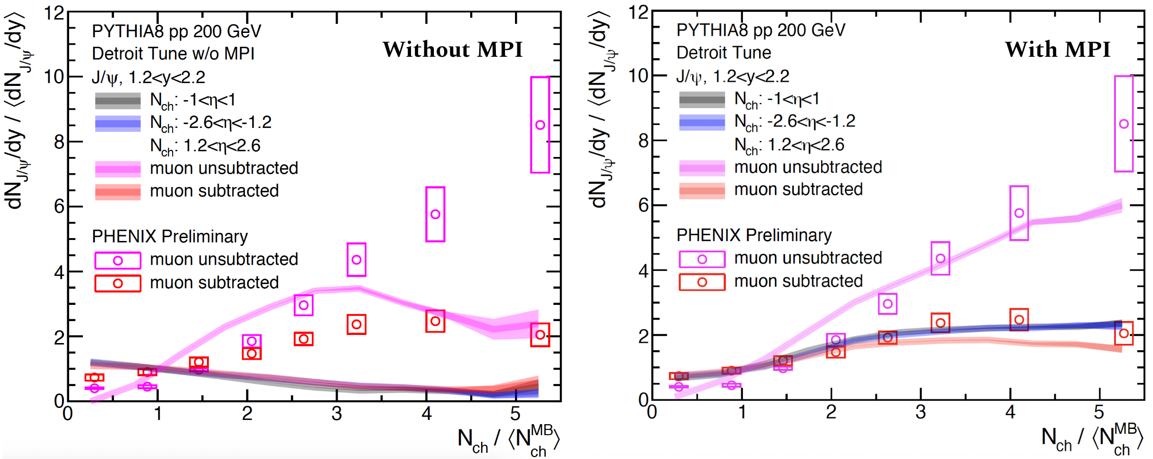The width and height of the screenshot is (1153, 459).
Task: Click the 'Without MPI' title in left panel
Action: (x=453, y=50)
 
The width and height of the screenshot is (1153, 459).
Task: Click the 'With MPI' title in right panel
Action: (x=1058, y=50)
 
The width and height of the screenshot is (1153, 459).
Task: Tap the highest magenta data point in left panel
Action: (x=540, y=125)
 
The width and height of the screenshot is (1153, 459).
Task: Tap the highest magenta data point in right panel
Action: (x=1124, y=124)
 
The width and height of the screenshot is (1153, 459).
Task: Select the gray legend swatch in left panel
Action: (x=118, y=101)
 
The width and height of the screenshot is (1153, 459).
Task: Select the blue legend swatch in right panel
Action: (x=702, y=122)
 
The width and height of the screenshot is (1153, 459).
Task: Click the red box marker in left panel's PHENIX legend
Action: (x=118, y=283)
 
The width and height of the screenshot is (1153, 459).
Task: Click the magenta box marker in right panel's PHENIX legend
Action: (x=702, y=259)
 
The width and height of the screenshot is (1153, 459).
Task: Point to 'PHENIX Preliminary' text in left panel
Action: (x=170, y=237)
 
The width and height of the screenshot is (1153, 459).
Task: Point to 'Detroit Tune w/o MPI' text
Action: (x=173, y=54)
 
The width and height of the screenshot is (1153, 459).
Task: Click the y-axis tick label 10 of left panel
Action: (x=54, y=77)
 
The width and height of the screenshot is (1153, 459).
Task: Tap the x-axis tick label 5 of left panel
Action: (x=515, y=414)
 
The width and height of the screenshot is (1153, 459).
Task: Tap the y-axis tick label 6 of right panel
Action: (x=643, y=206)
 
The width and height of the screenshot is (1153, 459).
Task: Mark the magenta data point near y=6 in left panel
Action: (x=435, y=214)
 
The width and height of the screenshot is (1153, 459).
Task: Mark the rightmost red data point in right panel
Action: (x=1124, y=334)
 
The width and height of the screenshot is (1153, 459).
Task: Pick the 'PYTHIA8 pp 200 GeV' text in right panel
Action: (x=761, y=31)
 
